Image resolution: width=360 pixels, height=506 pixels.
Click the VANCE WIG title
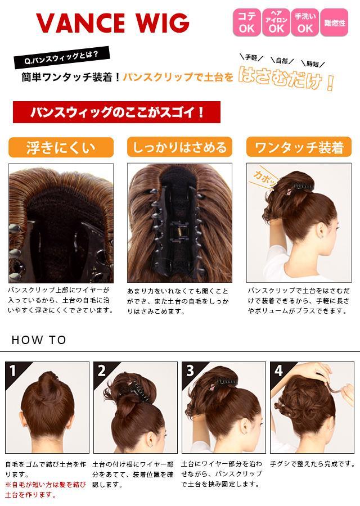(x=112, y=22)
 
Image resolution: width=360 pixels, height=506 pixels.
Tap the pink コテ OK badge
(x=247, y=22)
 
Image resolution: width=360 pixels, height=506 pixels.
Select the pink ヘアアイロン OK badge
(x=276, y=22)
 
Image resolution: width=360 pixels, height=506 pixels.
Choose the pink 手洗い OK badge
(x=305, y=22)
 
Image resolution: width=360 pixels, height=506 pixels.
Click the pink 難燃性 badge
(x=334, y=22)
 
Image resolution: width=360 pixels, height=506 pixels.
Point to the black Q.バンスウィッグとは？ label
(x=61, y=58)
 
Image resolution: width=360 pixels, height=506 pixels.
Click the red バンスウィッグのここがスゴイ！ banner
(x=116, y=112)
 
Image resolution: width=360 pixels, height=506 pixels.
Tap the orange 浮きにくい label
(x=61, y=147)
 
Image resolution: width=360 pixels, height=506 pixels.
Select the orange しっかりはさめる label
(x=179, y=147)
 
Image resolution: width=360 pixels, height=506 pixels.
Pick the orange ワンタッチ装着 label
(x=299, y=147)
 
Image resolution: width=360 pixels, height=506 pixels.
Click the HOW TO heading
(x=39, y=340)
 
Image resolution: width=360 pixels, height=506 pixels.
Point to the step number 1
(x=12, y=371)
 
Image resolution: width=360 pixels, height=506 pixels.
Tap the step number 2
(x=102, y=371)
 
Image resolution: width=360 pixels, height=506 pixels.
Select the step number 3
(x=190, y=371)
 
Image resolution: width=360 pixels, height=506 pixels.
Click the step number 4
(x=278, y=371)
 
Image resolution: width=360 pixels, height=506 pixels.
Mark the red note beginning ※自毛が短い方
(x=46, y=490)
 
